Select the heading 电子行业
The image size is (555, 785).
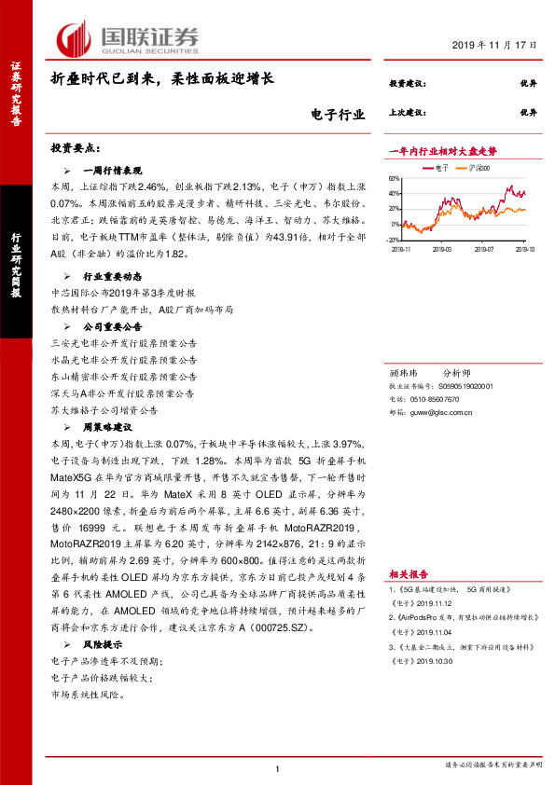pyautogui.click(x=337, y=117)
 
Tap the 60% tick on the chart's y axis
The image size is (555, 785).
pyautogui.click(x=395, y=179)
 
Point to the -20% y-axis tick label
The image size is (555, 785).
pyautogui.click(x=394, y=240)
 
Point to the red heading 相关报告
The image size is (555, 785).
pyautogui.click(x=409, y=549)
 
